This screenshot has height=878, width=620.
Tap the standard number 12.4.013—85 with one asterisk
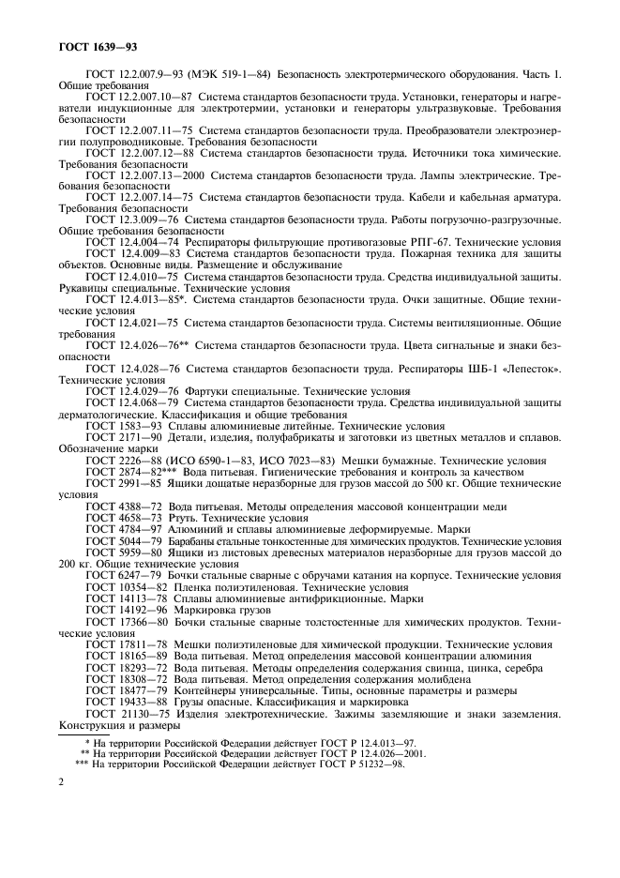click(x=148, y=299)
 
